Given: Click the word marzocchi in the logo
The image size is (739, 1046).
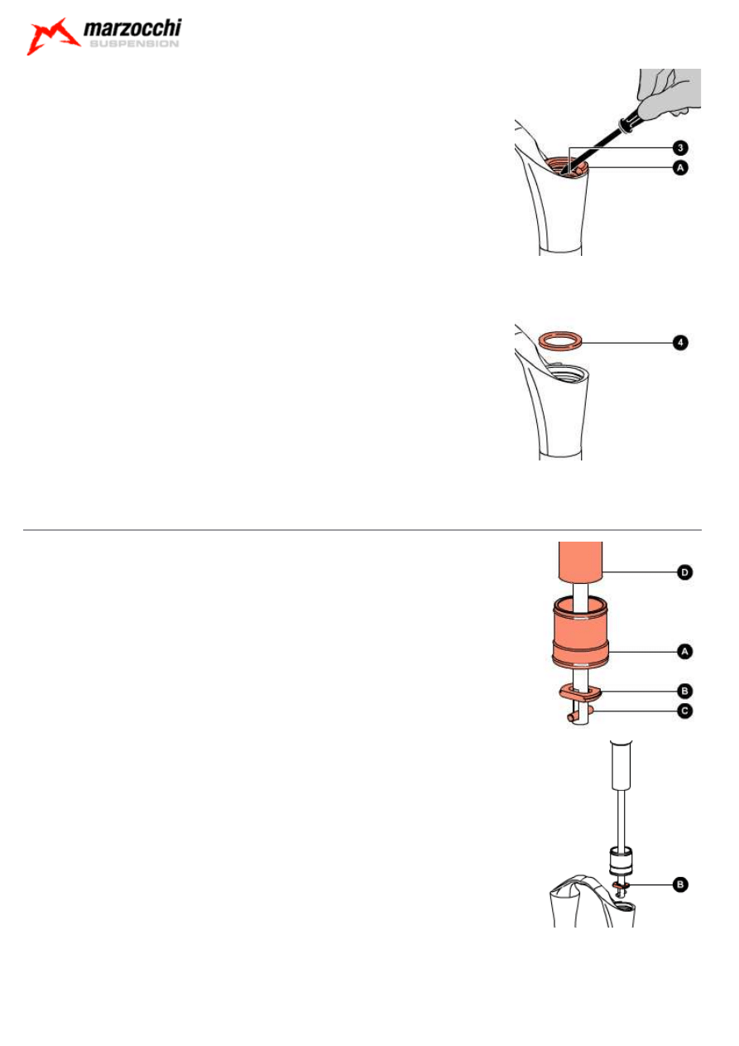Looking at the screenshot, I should pyautogui.click(x=132, y=30).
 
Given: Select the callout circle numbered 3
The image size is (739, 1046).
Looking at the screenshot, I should pyautogui.click(x=679, y=148).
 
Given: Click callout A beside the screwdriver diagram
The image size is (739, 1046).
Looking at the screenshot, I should pyautogui.click(x=679, y=166).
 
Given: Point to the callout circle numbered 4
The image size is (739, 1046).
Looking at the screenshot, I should pyautogui.click(x=679, y=341).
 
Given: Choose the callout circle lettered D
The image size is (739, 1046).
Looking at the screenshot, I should pyautogui.click(x=684, y=571).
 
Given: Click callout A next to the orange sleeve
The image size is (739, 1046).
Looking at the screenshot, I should pyautogui.click(x=684, y=652).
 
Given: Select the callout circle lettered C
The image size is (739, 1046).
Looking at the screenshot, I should pyautogui.click(x=684, y=710).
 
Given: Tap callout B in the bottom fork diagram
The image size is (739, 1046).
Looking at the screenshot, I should pyautogui.click(x=679, y=885).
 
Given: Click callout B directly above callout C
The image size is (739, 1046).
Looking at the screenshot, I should pyautogui.click(x=684, y=689).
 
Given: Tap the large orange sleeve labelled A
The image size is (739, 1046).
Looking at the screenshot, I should pyautogui.click(x=580, y=637).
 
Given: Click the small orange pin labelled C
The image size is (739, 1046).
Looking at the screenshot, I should pyautogui.click(x=573, y=716).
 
